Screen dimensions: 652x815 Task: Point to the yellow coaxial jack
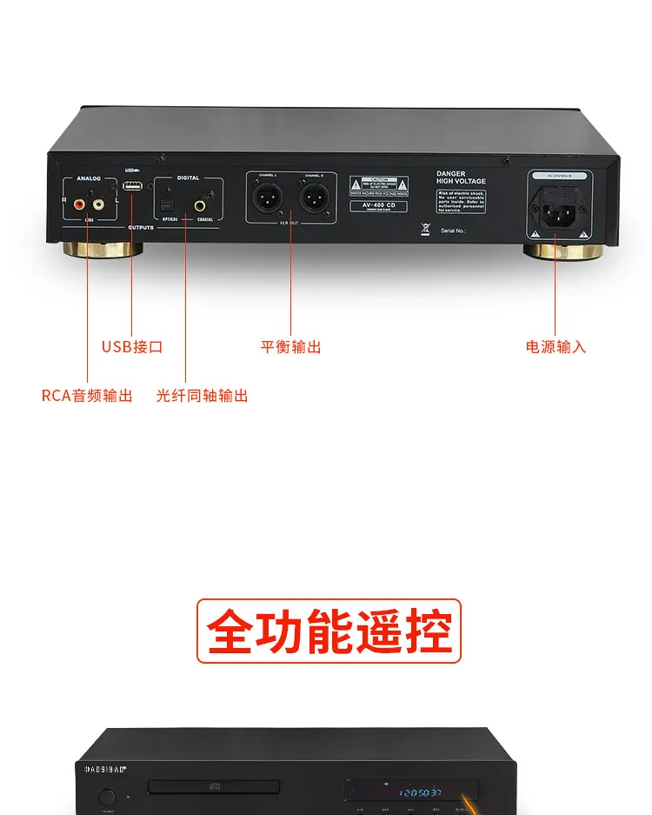(x=200, y=206)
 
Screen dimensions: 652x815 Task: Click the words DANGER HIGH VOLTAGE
(x=461, y=177)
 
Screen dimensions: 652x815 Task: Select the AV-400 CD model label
(x=378, y=205)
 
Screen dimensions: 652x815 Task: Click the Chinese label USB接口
(x=132, y=346)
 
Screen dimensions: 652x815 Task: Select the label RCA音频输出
(x=87, y=396)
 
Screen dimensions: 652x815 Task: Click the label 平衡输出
(x=291, y=346)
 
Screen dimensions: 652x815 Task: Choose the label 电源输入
(x=556, y=346)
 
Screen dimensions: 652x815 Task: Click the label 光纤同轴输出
(x=202, y=396)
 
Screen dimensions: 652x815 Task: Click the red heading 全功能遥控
(x=329, y=631)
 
